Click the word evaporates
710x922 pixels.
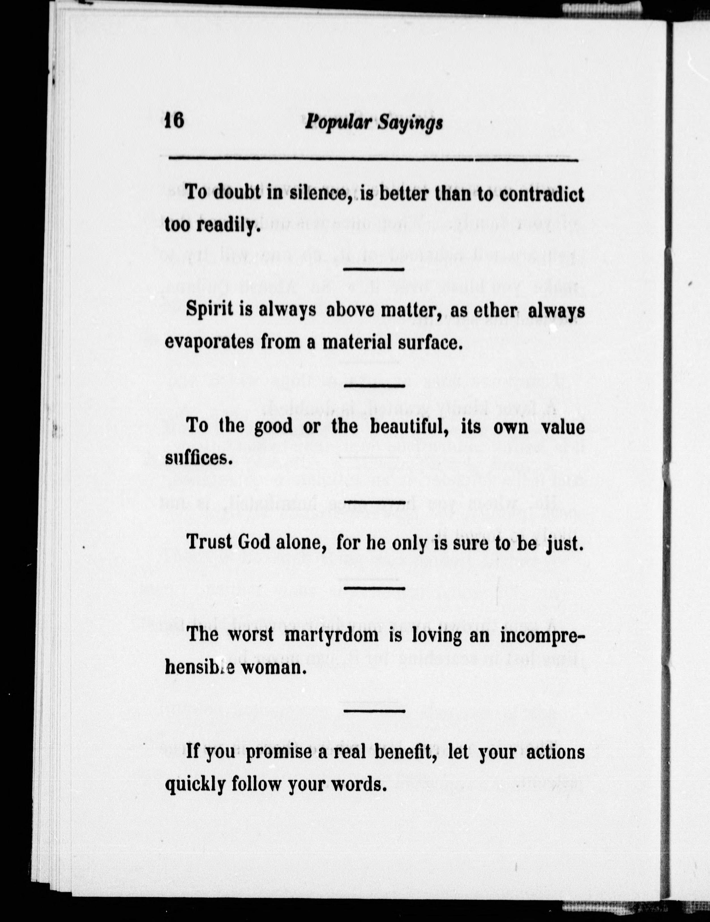pos(210,342)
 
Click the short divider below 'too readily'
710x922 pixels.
pos(374,269)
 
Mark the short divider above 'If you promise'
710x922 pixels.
pos(374,710)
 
